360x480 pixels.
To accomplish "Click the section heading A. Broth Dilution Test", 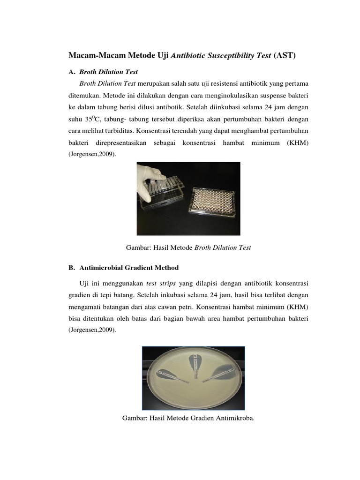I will [103, 72].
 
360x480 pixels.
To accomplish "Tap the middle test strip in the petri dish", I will [193, 366].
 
